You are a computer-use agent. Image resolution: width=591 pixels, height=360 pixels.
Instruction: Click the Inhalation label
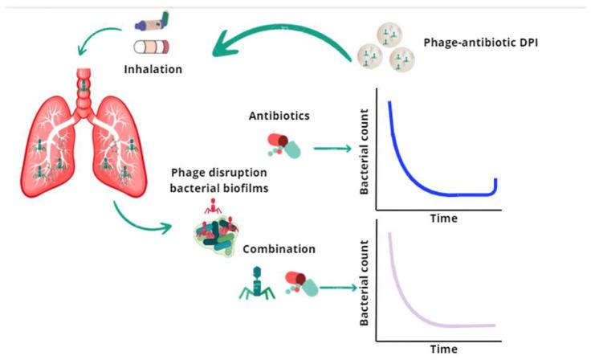pyautogui.click(x=153, y=69)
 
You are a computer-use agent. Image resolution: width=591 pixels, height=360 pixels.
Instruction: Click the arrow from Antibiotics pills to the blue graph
pyautogui.click(x=331, y=148)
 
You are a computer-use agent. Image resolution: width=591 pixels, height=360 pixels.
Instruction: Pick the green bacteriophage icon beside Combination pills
pyautogui.click(x=254, y=282)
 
